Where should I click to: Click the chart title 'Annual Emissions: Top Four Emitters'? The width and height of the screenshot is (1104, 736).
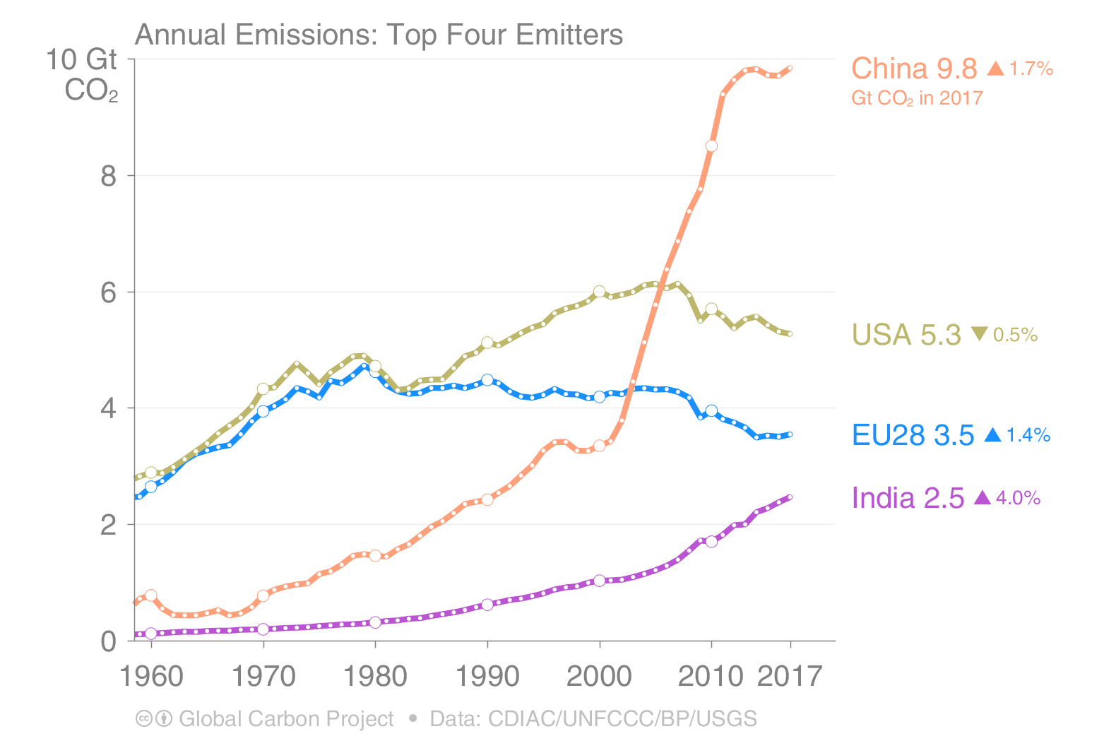pyautogui.click(x=379, y=34)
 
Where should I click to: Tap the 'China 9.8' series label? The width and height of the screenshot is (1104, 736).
pyautogui.click(x=913, y=69)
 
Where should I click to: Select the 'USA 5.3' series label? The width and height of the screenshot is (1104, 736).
pyautogui.click(x=906, y=335)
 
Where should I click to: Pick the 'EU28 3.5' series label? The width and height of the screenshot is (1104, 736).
pyautogui.click(x=913, y=435)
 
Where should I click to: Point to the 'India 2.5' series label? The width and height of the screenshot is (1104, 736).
pyautogui.click(x=908, y=498)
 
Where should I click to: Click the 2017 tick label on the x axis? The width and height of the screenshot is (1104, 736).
pyautogui.click(x=790, y=676)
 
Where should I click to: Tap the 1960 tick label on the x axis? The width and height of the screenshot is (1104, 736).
pyautogui.click(x=151, y=676)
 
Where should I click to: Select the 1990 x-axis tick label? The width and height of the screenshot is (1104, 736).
pyautogui.click(x=487, y=676)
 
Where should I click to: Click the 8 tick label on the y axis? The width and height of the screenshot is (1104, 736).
pyautogui.click(x=108, y=176)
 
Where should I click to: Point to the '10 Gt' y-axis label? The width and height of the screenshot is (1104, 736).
pyautogui.click(x=81, y=60)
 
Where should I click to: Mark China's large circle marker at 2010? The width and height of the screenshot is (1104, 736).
pyautogui.click(x=711, y=146)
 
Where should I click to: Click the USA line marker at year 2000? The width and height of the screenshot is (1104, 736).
pyautogui.click(x=600, y=292)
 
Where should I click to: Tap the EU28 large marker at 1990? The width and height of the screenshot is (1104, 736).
pyautogui.click(x=487, y=380)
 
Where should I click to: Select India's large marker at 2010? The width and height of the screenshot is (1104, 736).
pyautogui.click(x=711, y=541)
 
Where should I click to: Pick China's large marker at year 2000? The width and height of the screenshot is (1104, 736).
pyautogui.click(x=600, y=446)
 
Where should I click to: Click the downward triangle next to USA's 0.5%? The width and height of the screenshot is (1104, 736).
pyautogui.click(x=979, y=333)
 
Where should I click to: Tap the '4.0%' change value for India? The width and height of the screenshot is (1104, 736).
pyautogui.click(x=1018, y=498)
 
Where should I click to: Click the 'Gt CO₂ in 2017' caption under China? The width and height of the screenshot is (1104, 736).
pyautogui.click(x=917, y=97)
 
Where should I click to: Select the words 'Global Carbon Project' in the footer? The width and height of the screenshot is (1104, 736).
pyautogui.click(x=286, y=718)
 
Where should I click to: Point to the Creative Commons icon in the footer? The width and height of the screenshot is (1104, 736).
pyautogui.click(x=144, y=718)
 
